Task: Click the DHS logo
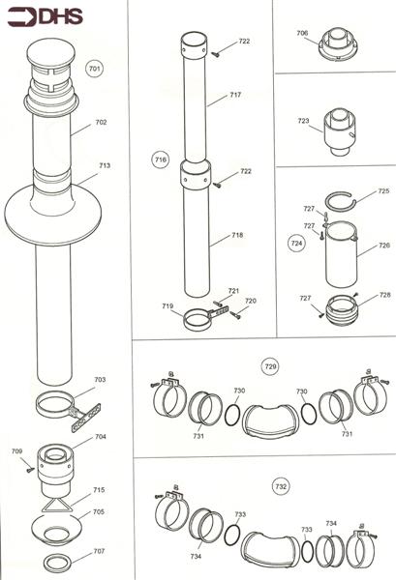[x=46, y=17]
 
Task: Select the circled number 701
[x=95, y=69]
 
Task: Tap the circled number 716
[x=160, y=159]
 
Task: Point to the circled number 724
[x=296, y=243]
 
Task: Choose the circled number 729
[x=271, y=366]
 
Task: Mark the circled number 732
[x=281, y=486]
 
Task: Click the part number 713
[x=105, y=165]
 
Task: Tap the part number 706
[x=302, y=33]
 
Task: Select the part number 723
[x=303, y=121]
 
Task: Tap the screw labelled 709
[x=30, y=470]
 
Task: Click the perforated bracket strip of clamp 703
[x=85, y=418]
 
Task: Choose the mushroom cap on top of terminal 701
[x=50, y=53]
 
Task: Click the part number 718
[x=237, y=235]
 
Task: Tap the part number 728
[x=385, y=295]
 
